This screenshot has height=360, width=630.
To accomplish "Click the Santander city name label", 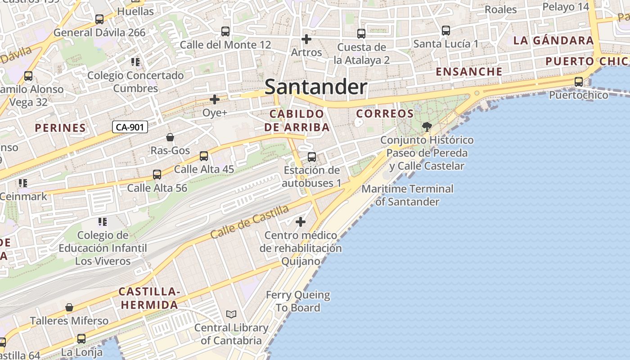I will click(x=316, y=87).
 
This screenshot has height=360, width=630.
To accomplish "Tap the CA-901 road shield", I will click(x=130, y=127).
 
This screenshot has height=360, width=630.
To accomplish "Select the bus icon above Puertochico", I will click(x=579, y=82).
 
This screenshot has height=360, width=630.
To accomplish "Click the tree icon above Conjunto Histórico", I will click(x=427, y=127).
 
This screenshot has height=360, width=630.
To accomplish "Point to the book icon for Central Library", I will click(x=231, y=314).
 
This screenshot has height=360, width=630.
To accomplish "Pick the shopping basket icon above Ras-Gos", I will click(x=170, y=137).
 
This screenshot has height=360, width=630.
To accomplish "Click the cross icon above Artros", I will click(x=306, y=39).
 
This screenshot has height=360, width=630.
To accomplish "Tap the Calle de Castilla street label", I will click(x=249, y=222).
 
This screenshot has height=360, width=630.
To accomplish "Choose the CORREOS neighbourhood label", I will click(x=385, y=114).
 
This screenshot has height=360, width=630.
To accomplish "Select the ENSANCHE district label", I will click(x=469, y=72).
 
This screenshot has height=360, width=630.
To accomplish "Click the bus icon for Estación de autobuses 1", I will click(x=311, y=157).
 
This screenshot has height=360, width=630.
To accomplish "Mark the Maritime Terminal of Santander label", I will click(x=408, y=195).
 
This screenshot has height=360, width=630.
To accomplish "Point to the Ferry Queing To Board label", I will click(x=298, y=301).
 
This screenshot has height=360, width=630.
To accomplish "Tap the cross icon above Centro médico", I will click(x=300, y=222).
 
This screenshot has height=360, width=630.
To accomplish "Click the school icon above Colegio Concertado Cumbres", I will click(x=135, y=62).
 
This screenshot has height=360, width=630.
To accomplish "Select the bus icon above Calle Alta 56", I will click(x=157, y=174).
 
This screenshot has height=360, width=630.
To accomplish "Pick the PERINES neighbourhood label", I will click(x=60, y=128).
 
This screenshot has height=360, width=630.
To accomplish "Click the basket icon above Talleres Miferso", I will click(x=69, y=307).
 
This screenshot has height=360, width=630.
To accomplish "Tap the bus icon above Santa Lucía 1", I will click(x=445, y=31).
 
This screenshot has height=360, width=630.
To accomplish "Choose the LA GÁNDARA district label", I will click(x=553, y=40).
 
